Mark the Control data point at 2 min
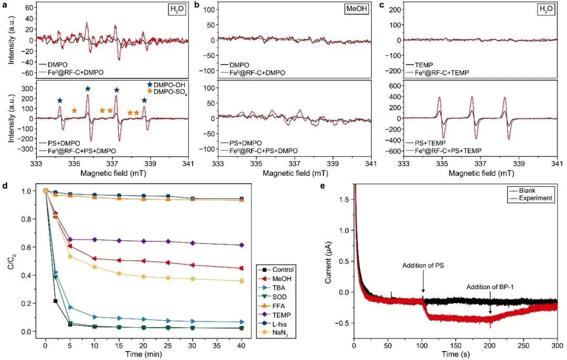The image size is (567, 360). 56,301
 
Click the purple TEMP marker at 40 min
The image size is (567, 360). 241,245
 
